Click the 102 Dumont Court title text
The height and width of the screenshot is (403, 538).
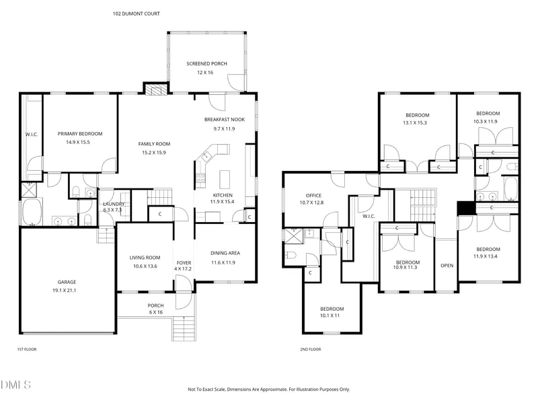[x=137, y=13]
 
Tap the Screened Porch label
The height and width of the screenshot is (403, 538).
[x=206, y=63]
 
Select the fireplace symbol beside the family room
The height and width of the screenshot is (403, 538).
[x=156, y=89]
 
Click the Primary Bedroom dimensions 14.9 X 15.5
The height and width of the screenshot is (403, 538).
[x=78, y=142]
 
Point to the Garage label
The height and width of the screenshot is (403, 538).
[x=67, y=282]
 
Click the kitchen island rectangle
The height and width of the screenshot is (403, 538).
[x=225, y=178]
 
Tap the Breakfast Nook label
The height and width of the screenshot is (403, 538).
[x=225, y=120]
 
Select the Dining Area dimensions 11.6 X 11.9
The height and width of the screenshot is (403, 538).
[x=223, y=262]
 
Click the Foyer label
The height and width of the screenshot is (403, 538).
[x=184, y=262]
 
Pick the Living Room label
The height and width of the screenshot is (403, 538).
[x=145, y=258]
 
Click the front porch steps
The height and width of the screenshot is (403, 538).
[x=184, y=328]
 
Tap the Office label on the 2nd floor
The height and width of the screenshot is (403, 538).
[x=313, y=195]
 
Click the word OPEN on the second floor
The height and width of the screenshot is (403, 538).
[x=447, y=265]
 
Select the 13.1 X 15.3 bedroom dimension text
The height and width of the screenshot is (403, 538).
[x=415, y=122]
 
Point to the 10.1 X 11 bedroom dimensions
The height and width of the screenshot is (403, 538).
[x=330, y=316]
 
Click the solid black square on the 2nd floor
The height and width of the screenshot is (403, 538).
[x=465, y=208]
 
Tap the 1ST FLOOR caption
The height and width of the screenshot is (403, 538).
[x=27, y=349]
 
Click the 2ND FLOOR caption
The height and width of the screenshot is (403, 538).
[x=311, y=349]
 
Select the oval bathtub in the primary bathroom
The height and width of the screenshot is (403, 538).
[x=32, y=211]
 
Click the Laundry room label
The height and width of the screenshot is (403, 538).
[x=114, y=204]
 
